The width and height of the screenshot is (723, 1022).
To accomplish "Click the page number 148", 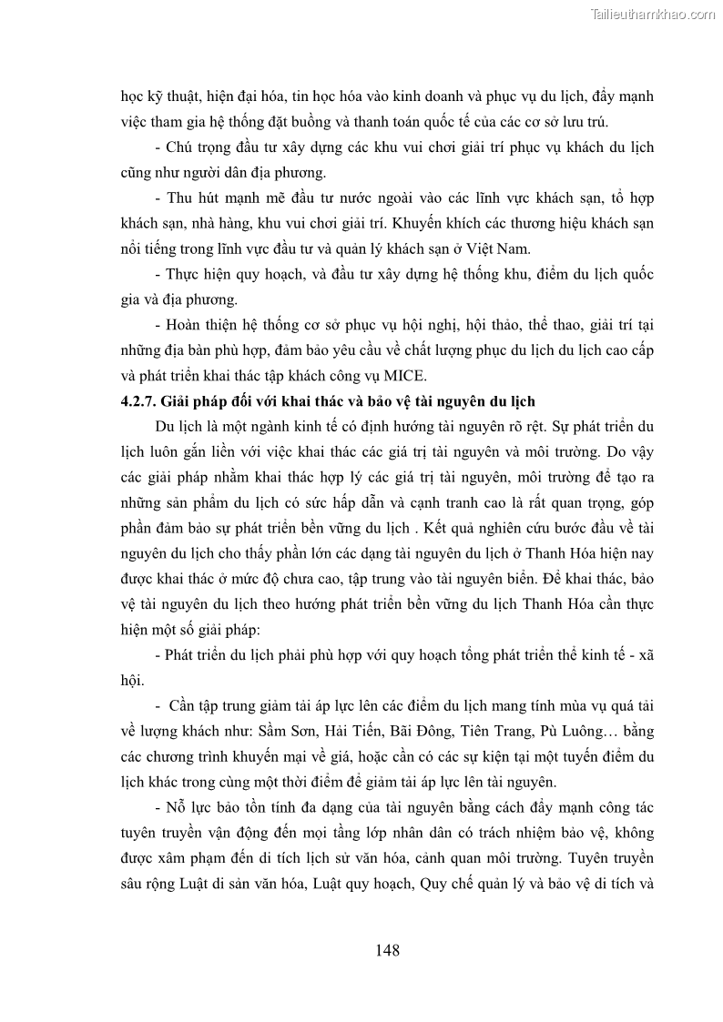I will pos(387,951).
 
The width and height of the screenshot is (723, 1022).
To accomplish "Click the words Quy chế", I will pos(438,885).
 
